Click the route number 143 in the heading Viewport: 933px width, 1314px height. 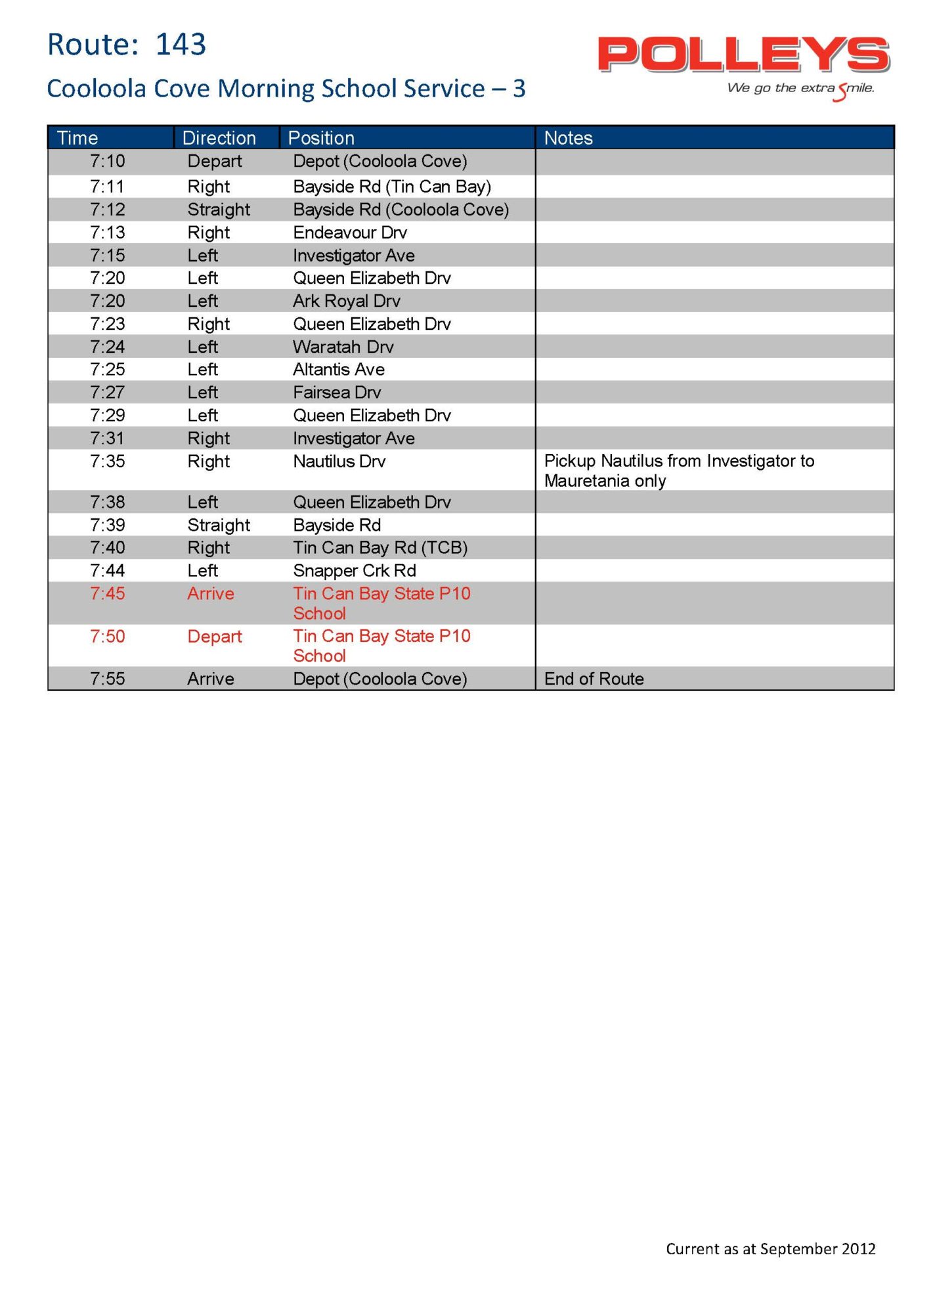point(181,45)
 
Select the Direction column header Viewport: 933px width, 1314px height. point(219,138)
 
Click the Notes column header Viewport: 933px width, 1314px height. point(568,138)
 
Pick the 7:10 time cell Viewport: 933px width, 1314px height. point(107,162)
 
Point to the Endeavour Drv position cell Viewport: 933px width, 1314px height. point(350,233)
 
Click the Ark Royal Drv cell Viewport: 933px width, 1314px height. point(346,301)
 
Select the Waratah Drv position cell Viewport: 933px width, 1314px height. point(343,347)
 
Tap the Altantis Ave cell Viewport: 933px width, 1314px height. point(338,369)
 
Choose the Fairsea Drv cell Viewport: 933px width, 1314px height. point(337,392)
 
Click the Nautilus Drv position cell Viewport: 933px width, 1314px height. point(339,461)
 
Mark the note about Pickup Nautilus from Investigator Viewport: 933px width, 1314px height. point(679,470)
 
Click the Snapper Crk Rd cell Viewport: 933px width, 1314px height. point(355,570)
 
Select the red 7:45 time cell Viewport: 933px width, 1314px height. point(107,594)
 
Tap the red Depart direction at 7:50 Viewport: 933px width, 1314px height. point(214,637)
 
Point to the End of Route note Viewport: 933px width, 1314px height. point(594,679)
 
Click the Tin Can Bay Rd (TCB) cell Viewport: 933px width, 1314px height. point(380,547)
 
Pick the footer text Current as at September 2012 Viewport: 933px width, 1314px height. point(770,1249)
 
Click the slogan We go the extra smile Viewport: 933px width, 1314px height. point(800,89)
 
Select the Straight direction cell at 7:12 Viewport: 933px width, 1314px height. point(219,210)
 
